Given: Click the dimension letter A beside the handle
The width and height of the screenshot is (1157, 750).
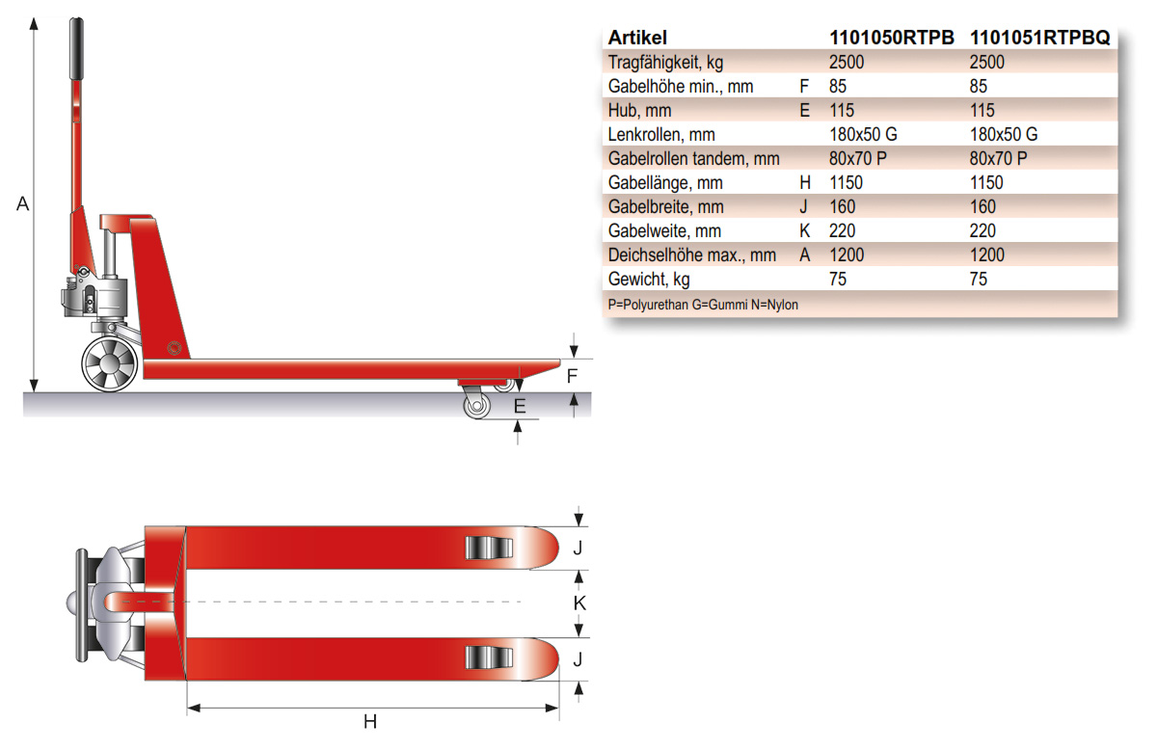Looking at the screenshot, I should tap(24, 204).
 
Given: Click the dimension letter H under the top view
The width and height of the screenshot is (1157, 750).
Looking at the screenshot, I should tap(369, 722).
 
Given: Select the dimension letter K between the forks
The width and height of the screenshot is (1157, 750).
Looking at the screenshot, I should tap(579, 603).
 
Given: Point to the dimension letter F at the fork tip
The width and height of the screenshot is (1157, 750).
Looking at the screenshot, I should tap(572, 376).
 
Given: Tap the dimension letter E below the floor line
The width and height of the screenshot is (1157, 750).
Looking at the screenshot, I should tap(520, 407).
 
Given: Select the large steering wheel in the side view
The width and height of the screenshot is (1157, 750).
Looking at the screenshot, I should tap(108, 364).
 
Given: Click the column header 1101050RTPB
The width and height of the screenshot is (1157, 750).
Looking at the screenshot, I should tap(891, 38).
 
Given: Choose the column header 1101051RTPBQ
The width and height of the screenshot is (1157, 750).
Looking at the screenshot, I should tap(1039, 38).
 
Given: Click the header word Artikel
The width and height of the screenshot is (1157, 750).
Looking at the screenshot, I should tap(637, 38).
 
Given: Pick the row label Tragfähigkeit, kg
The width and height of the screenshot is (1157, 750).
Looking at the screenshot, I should tap(665, 63).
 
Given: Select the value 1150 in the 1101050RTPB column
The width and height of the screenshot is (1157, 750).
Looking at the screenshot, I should tap(846, 183).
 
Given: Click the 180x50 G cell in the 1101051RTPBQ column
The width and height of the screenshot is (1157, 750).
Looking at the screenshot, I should tap(1003, 135).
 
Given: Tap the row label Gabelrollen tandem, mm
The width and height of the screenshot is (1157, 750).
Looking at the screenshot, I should tap(693, 159).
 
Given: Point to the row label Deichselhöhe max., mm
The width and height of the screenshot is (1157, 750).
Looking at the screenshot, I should tap(691, 255).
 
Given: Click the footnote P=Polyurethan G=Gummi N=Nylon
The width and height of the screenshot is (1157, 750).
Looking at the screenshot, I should tap(703, 305).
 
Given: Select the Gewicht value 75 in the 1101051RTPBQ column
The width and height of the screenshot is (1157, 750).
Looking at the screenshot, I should tap(978, 280).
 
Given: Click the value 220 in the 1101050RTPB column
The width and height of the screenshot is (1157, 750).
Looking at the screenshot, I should tap(842, 231).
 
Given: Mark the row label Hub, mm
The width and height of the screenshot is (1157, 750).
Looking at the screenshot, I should tap(639, 111).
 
